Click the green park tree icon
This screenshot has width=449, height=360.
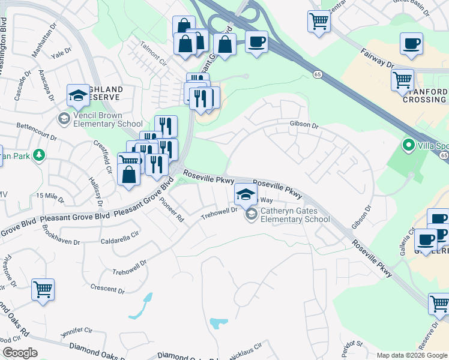[39, 155]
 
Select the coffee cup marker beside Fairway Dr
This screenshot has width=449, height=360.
[411, 44]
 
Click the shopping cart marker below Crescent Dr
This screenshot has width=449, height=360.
[43, 290]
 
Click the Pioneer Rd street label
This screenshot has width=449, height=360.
[172, 211]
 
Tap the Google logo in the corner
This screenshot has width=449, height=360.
[19, 353]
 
